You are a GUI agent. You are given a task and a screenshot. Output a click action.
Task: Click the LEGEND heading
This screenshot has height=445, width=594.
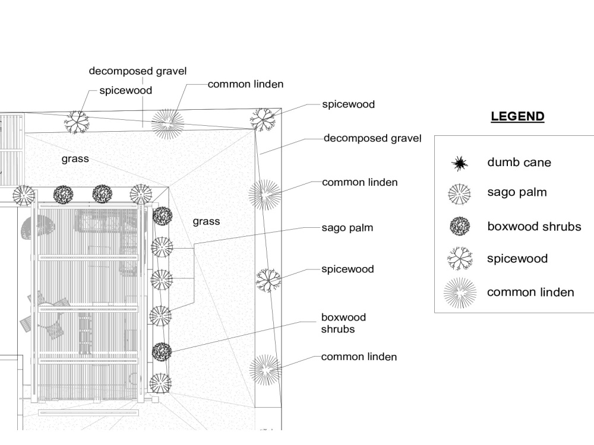click(x=517, y=116)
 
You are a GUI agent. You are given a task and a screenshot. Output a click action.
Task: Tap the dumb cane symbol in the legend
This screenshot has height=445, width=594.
click(x=460, y=164)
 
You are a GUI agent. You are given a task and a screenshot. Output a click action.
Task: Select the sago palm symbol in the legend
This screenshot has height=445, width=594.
click(x=459, y=194)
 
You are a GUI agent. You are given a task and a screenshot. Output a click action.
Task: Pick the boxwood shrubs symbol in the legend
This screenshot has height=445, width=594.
click(x=460, y=226)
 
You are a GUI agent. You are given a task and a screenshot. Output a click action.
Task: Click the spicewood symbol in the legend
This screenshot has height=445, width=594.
click(x=460, y=259)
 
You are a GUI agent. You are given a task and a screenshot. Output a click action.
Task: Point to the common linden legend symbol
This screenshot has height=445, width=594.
click(x=460, y=293)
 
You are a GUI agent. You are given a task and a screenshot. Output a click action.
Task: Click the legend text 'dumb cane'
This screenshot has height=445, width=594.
click(x=519, y=163)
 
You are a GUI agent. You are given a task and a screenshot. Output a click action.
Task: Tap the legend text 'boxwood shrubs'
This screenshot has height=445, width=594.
click(x=534, y=226)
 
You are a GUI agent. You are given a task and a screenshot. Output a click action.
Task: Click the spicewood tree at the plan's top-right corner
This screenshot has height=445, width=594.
click(x=263, y=120)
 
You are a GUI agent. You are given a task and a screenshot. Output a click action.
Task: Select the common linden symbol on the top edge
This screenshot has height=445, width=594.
click(x=168, y=124)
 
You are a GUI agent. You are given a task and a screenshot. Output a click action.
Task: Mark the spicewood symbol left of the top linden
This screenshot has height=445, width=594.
click(x=77, y=122)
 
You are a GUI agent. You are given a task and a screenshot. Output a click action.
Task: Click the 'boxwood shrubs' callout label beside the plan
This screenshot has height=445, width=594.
click(x=343, y=323)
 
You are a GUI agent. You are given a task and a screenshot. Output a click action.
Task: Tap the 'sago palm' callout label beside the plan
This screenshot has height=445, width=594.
click(x=347, y=228)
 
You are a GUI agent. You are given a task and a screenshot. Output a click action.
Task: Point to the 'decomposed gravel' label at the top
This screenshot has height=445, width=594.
click(x=138, y=71)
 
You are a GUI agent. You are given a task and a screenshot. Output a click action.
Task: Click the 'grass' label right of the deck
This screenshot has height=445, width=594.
click(x=206, y=221)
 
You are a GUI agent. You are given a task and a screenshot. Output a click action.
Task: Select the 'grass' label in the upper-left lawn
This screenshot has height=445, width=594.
click(x=75, y=158)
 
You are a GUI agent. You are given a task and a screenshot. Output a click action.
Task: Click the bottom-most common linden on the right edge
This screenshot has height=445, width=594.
click(x=266, y=370)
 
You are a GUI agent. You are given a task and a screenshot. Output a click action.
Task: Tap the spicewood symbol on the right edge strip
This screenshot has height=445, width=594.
click(x=268, y=280)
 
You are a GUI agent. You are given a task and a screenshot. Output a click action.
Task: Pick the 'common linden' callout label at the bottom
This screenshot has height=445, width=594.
click(x=359, y=357)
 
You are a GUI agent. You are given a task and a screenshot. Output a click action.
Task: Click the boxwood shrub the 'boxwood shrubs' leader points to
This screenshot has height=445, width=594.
click(x=162, y=352)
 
